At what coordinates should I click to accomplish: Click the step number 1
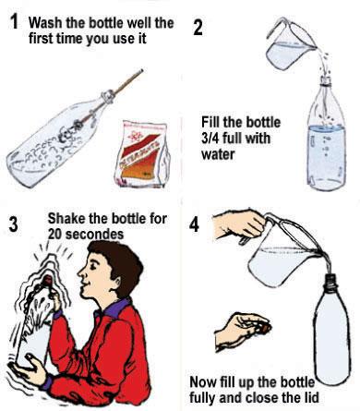click(14, 22)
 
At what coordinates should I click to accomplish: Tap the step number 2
click(198, 28)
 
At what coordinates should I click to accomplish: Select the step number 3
click(14, 224)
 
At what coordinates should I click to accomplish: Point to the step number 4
click(194, 224)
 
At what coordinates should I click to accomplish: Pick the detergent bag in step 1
click(142, 153)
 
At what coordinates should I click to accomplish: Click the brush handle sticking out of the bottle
click(126, 81)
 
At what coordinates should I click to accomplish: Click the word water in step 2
click(218, 153)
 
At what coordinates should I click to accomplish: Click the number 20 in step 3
click(55, 235)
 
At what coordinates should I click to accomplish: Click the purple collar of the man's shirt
click(115, 308)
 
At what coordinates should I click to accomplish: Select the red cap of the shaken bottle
click(48, 280)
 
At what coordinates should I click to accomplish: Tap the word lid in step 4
click(309, 397)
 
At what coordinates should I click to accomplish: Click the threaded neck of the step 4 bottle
click(332, 283)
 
